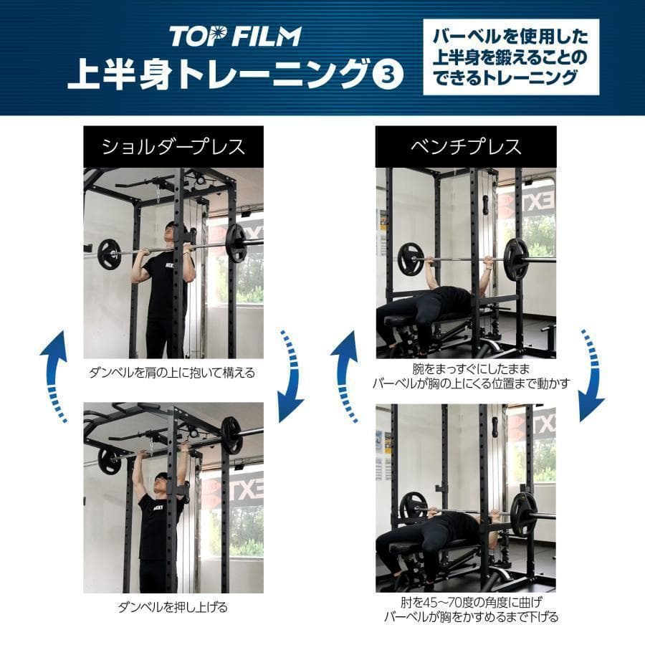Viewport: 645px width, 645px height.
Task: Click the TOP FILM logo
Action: (235, 35)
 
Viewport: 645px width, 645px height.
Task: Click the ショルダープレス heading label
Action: (173, 147)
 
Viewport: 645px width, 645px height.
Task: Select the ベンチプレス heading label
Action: (466, 147)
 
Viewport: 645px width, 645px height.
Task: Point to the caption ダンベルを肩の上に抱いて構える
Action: (172, 373)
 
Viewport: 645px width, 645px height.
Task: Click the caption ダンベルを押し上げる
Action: (173, 608)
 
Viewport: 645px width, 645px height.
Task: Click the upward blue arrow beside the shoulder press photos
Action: (55, 376)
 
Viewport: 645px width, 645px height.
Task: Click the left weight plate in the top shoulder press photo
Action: (109, 254)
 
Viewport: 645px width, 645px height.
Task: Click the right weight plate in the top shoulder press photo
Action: (236, 243)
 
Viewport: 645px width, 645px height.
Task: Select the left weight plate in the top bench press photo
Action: (411, 259)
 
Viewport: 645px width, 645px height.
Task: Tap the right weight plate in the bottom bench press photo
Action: (523, 509)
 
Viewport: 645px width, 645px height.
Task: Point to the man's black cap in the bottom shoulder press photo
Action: (162, 477)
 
